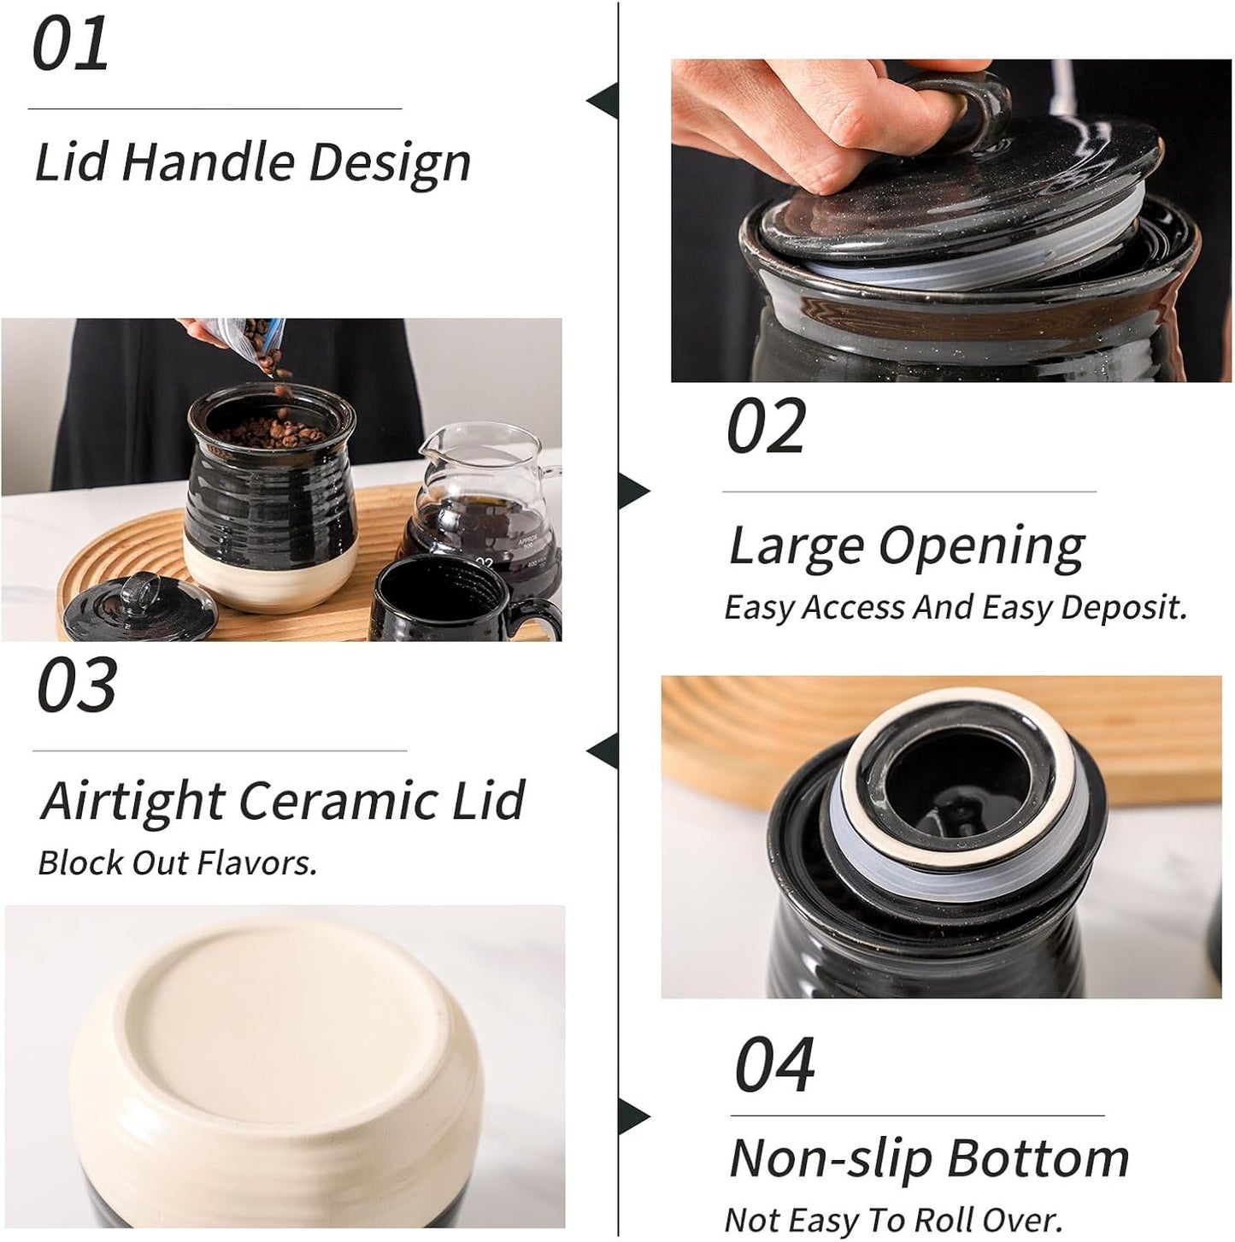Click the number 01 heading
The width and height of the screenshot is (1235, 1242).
(x=70, y=45)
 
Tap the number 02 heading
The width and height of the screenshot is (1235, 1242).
(x=766, y=427)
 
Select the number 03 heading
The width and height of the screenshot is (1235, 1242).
(x=76, y=686)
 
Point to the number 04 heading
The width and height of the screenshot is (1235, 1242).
(x=774, y=1065)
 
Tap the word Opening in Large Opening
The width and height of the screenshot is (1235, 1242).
(x=982, y=546)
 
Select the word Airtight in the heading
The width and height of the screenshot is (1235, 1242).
(x=132, y=801)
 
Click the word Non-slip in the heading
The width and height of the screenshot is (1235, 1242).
(x=829, y=1159)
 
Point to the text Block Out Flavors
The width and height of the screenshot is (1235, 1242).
(x=177, y=863)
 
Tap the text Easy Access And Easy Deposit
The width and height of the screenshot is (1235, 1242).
(x=955, y=608)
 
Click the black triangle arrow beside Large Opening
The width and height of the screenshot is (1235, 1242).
(x=633, y=492)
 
